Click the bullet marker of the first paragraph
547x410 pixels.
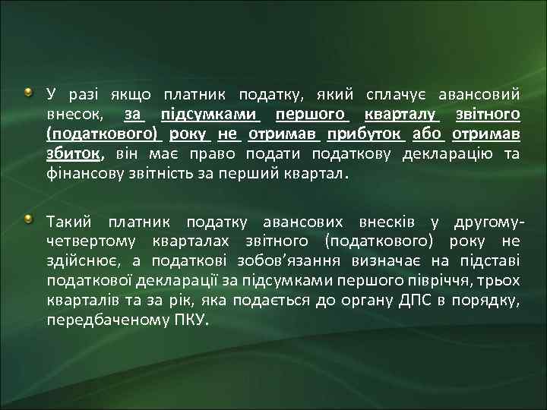coord(28,93)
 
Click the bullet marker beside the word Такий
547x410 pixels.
coord(28,220)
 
